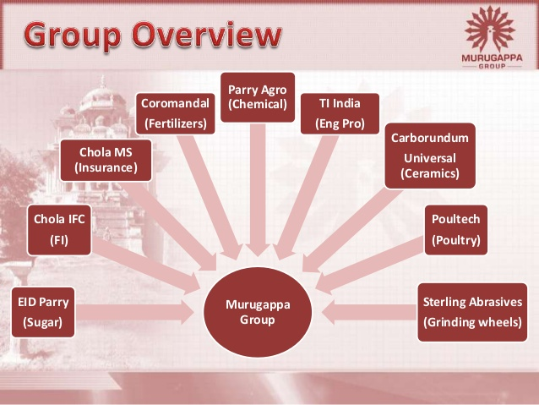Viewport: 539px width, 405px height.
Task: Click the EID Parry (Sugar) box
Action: point(43,312)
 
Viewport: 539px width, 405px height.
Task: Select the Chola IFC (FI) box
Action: point(59,230)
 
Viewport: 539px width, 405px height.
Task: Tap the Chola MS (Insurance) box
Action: point(106,160)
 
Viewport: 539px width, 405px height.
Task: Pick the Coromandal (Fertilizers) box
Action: point(176,113)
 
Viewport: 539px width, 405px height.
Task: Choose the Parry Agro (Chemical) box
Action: point(258,97)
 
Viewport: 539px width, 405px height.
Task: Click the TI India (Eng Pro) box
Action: point(340,113)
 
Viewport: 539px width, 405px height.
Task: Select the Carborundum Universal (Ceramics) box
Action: point(430,156)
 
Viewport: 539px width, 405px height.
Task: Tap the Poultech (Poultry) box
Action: point(456,230)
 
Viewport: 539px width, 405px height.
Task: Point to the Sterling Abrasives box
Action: point(472,312)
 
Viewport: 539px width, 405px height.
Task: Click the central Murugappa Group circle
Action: point(258,312)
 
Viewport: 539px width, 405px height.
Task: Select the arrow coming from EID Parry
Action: point(135,312)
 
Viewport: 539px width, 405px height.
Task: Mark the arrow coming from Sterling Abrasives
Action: point(369,312)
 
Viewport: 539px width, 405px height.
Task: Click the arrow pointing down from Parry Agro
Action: point(258,189)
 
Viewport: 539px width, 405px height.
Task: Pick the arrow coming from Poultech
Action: point(370,265)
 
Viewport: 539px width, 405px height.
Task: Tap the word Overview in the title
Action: point(207,35)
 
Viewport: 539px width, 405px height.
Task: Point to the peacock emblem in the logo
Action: point(490,29)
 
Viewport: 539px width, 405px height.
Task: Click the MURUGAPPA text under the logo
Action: point(492,57)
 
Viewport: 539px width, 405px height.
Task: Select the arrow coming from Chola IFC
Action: point(146,265)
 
